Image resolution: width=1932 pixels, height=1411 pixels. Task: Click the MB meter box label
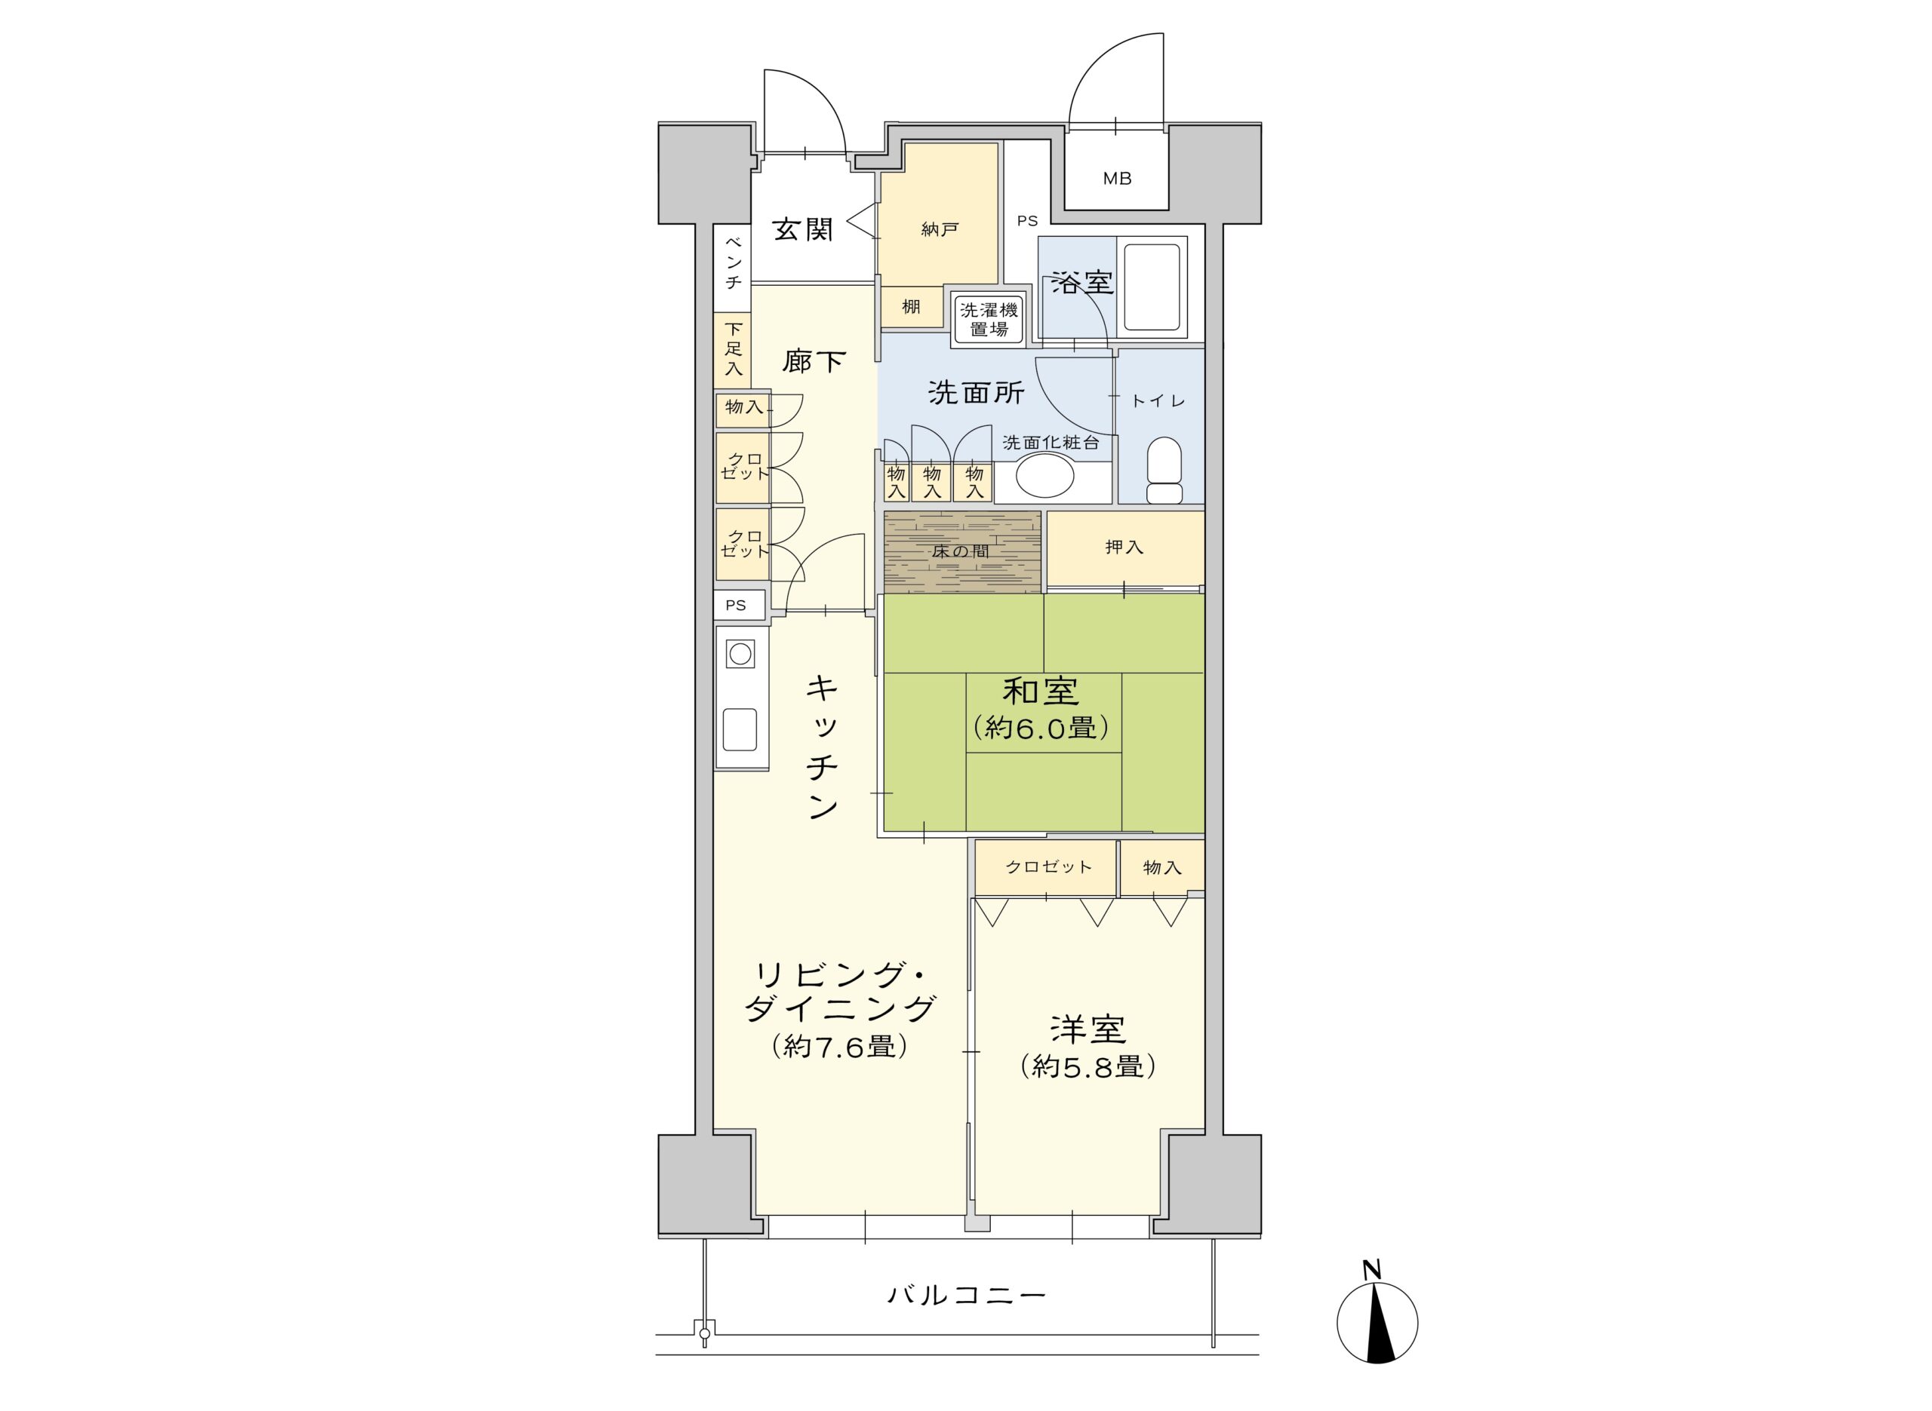[1117, 179]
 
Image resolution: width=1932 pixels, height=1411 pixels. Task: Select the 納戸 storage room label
[939, 229]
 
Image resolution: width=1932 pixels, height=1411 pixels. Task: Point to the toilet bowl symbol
[1163, 470]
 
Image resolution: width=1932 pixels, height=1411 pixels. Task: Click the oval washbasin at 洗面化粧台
[1044, 475]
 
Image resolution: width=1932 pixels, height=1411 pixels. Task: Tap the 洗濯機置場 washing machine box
[989, 318]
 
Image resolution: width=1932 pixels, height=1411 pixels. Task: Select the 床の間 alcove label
[961, 551]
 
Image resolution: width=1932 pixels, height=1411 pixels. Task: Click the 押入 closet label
[1124, 547]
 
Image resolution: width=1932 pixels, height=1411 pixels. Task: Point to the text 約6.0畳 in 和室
[1041, 728]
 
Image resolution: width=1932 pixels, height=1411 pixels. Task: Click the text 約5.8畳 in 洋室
[1088, 1066]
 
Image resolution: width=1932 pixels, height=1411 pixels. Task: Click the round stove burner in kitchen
[740, 655]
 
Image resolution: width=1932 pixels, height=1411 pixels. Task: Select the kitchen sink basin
[739, 729]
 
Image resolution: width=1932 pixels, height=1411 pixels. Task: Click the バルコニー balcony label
[965, 1296]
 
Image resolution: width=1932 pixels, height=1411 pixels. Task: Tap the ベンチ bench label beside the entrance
[733, 262]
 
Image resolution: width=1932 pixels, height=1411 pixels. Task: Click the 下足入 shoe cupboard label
[733, 348]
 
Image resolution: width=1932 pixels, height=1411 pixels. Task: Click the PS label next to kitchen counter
[736, 605]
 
